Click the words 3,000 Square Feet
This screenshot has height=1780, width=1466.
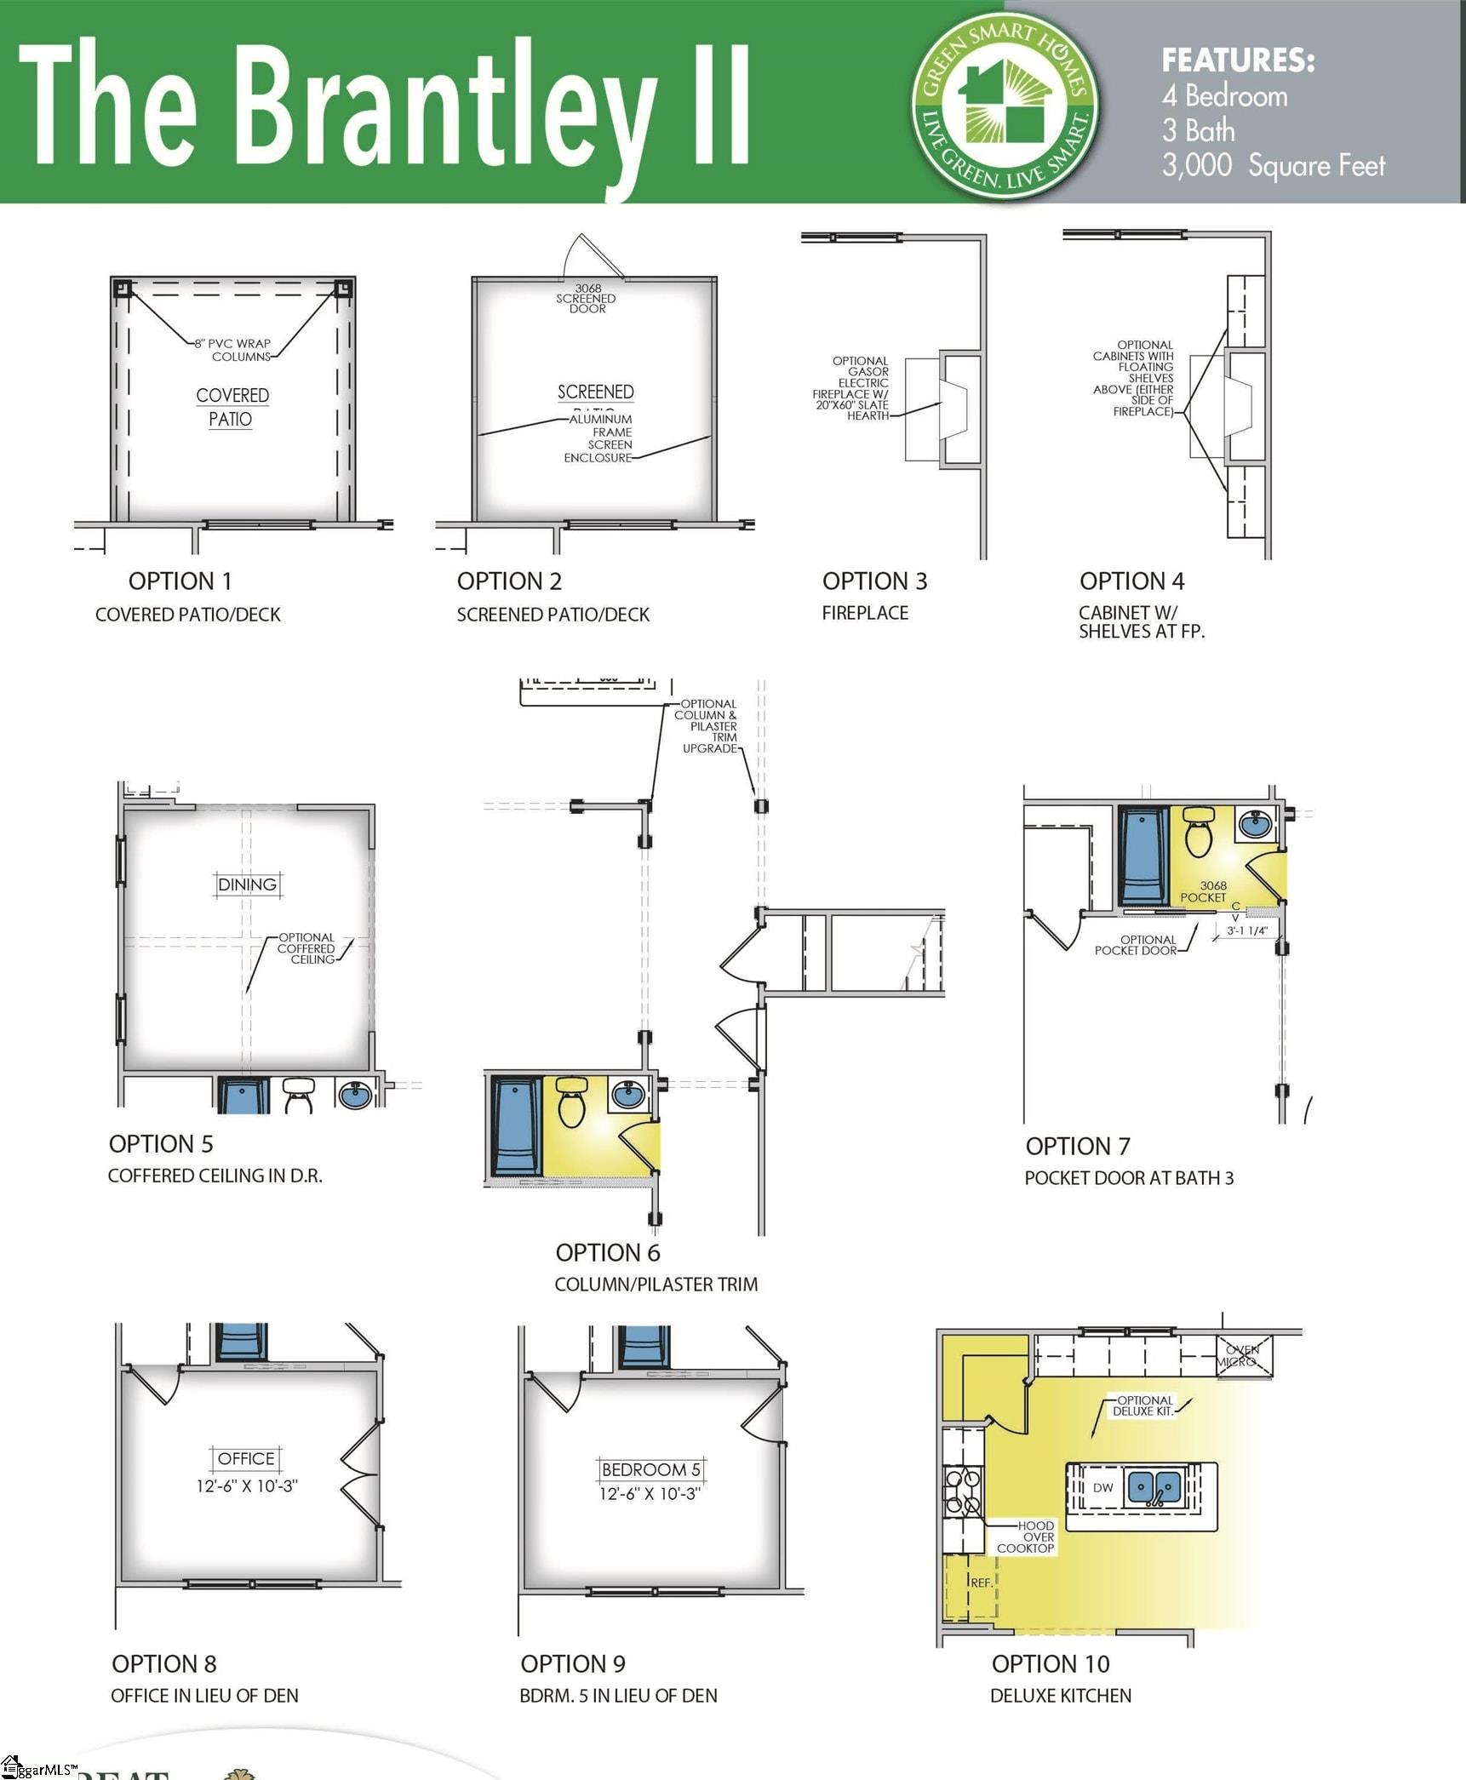click(1273, 165)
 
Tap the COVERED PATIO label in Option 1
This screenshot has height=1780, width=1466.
click(232, 407)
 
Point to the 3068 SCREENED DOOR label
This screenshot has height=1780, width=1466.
click(587, 299)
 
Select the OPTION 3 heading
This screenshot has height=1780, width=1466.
click(874, 581)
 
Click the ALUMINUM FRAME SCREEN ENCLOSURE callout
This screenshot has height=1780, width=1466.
click(601, 438)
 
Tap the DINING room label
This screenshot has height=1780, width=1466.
click(247, 884)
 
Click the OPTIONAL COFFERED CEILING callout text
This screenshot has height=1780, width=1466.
click(306, 948)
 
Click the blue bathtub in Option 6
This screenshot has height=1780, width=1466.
click(515, 1126)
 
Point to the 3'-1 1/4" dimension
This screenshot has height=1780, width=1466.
click(1247, 931)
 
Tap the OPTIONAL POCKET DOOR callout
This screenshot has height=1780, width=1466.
click(1136, 945)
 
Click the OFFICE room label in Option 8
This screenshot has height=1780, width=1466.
click(246, 1459)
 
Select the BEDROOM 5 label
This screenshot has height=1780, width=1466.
click(650, 1470)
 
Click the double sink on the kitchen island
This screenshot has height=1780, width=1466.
click(1154, 1487)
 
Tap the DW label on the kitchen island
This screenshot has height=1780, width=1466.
click(1102, 1488)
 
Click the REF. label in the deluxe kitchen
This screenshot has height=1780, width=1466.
click(981, 1583)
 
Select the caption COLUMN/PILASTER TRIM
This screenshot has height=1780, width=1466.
click(656, 1285)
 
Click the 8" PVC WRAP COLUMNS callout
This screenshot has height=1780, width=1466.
click(233, 350)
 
